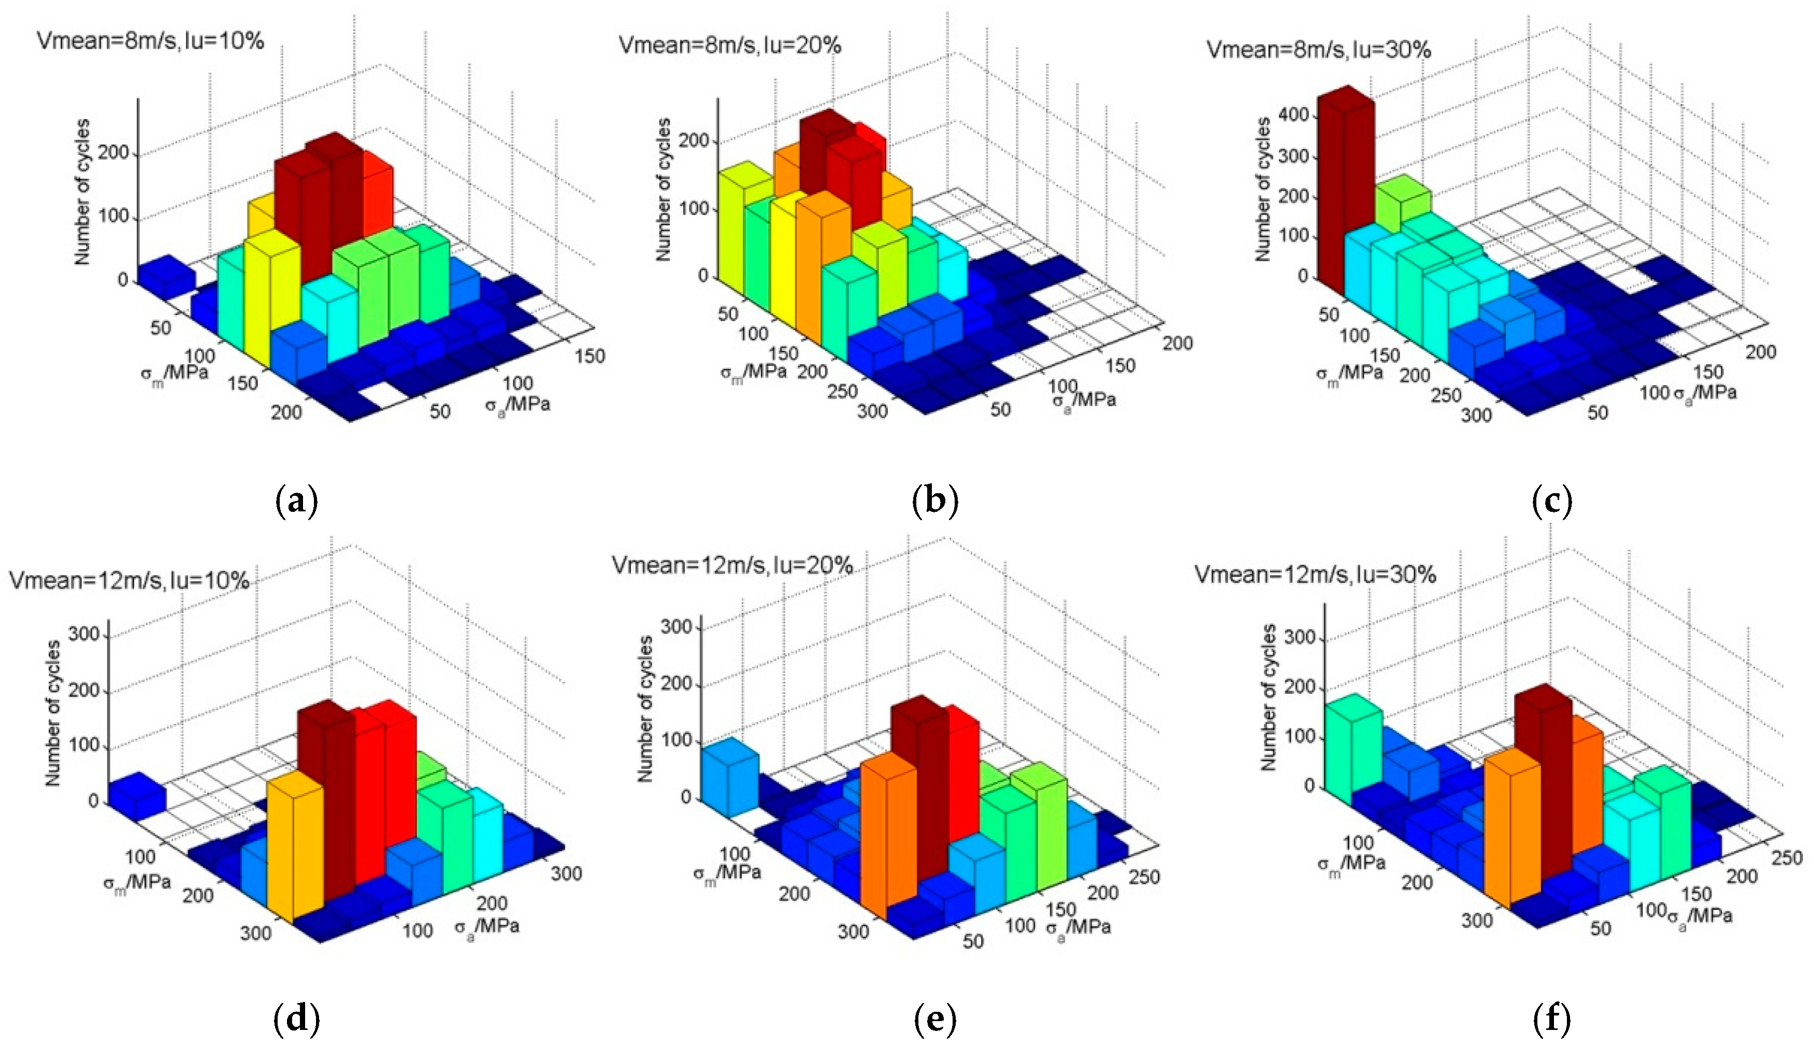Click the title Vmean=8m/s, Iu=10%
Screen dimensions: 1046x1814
[150, 41]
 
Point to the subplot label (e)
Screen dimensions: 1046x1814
[934, 1018]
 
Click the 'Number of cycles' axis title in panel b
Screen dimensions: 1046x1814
[664, 190]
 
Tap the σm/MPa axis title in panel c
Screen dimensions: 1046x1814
[1349, 374]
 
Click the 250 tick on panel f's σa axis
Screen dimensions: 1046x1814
[1787, 858]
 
